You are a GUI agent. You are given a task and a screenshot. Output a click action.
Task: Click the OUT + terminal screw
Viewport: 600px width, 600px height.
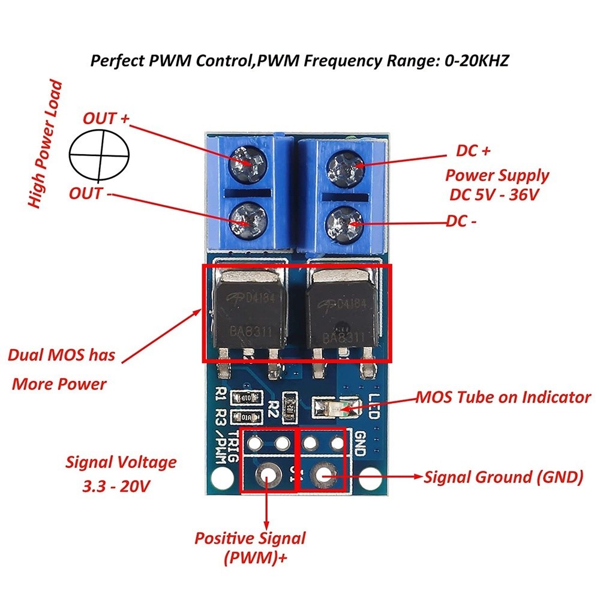247,161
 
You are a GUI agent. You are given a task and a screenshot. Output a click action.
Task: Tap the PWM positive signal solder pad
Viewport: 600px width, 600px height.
266,477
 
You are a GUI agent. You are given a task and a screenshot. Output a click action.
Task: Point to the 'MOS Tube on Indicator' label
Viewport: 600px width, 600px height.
503,397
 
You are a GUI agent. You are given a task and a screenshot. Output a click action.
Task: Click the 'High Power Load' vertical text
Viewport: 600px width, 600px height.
46,144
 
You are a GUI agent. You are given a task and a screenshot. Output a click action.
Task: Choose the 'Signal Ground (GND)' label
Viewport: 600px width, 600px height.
503,478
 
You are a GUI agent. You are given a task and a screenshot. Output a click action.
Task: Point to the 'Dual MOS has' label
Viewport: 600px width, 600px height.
61,355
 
